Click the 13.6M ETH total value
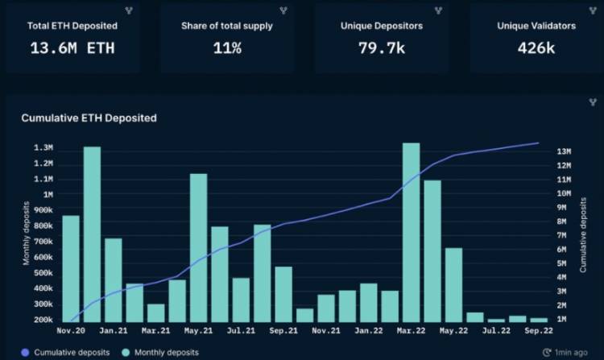coord(72,48)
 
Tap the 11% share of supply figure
coord(227,48)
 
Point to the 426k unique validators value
coord(536,48)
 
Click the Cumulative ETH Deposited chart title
coord(89,118)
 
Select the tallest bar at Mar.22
coord(412,233)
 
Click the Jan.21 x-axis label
coord(114,330)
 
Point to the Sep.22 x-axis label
coord(539,330)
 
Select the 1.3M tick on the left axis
coord(43,148)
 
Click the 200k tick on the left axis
coord(43,320)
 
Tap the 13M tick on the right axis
coord(565,151)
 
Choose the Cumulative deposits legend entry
coord(67,352)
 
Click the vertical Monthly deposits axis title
coord(26,234)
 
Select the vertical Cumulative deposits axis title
coord(582,233)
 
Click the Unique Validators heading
coord(536,26)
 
